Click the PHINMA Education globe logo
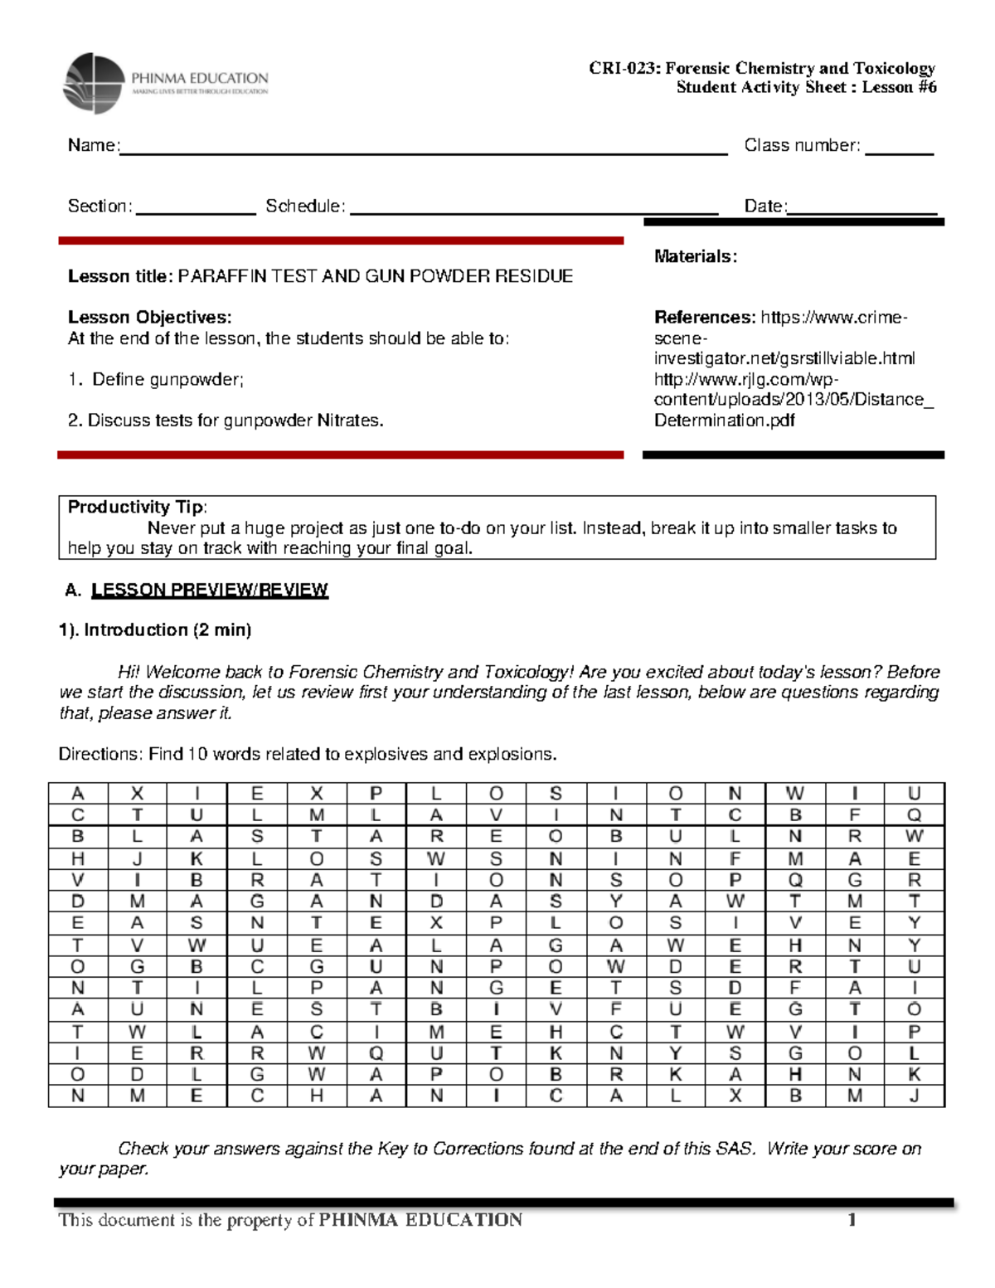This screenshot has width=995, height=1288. (x=93, y=83)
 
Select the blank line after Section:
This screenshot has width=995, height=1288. (x=196, y=209)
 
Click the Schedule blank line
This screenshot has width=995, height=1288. (x=533, y=209)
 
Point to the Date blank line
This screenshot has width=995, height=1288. (x=862, y=209)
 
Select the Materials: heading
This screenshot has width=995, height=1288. (x=695, y=256)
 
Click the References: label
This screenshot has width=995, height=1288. (x=704, y=318)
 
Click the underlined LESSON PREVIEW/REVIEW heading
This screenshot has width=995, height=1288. (x=209, y=590)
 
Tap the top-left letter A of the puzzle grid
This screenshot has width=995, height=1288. (x=78, y=794)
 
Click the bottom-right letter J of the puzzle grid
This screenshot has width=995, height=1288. (x=914, y=1096)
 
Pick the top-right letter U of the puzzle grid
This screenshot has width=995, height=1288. (x=914, y=794)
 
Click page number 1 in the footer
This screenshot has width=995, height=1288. (x=851, y=1220)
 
